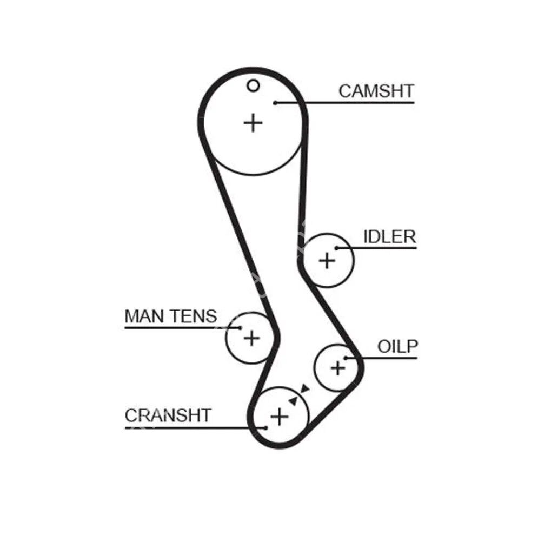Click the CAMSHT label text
click(x=376, y=91)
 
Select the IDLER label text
click(x=389, y=237)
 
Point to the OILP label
click(x=397, y=346)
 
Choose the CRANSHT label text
click(x=168, y=415)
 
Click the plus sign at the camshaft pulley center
click(x=253, y=123)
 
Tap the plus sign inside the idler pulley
click(x=327, y=261)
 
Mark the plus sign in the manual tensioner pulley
click(x=251, y=338)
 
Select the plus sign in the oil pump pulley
click(x=337, y=368)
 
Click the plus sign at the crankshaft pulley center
click(x=279, y=416)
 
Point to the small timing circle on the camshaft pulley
click(x=253, y=85)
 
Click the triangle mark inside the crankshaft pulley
click(x=294, y=401)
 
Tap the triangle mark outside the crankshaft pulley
click(x=304, y=388)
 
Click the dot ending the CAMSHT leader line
click(x=275, y=102)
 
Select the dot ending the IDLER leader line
click(x=336, y=248)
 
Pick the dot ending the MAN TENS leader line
click(x=239, y=327)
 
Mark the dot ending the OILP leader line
click(x=346, y=358)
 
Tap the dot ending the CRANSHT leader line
click(x=265, y=427)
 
